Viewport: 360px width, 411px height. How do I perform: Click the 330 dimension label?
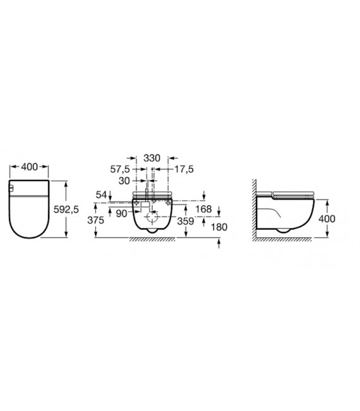(152, 158)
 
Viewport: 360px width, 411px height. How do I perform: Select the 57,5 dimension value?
(120, 169)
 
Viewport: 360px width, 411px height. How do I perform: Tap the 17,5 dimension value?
(184, 169)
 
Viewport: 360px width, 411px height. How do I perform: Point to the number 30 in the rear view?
(124, 181)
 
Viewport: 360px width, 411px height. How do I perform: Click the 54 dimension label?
(102, 194)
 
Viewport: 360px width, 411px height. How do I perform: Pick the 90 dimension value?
(121, 213)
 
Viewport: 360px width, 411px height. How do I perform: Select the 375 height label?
(96, 220)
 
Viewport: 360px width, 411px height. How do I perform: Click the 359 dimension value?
(186, 221)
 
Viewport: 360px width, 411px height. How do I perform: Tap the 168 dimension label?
(203, 209)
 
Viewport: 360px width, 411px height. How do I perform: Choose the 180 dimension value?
(219, 227)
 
